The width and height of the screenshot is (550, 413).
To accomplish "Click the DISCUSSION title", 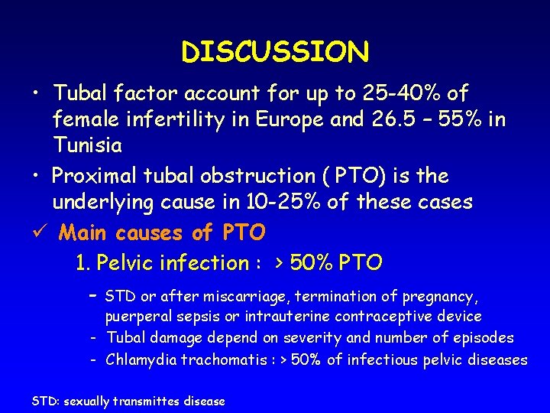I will (x=275, y=52).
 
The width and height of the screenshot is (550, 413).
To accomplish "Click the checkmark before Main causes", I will (x=34, y=231).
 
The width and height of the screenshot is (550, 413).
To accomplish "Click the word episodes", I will (x=483, y=338).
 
